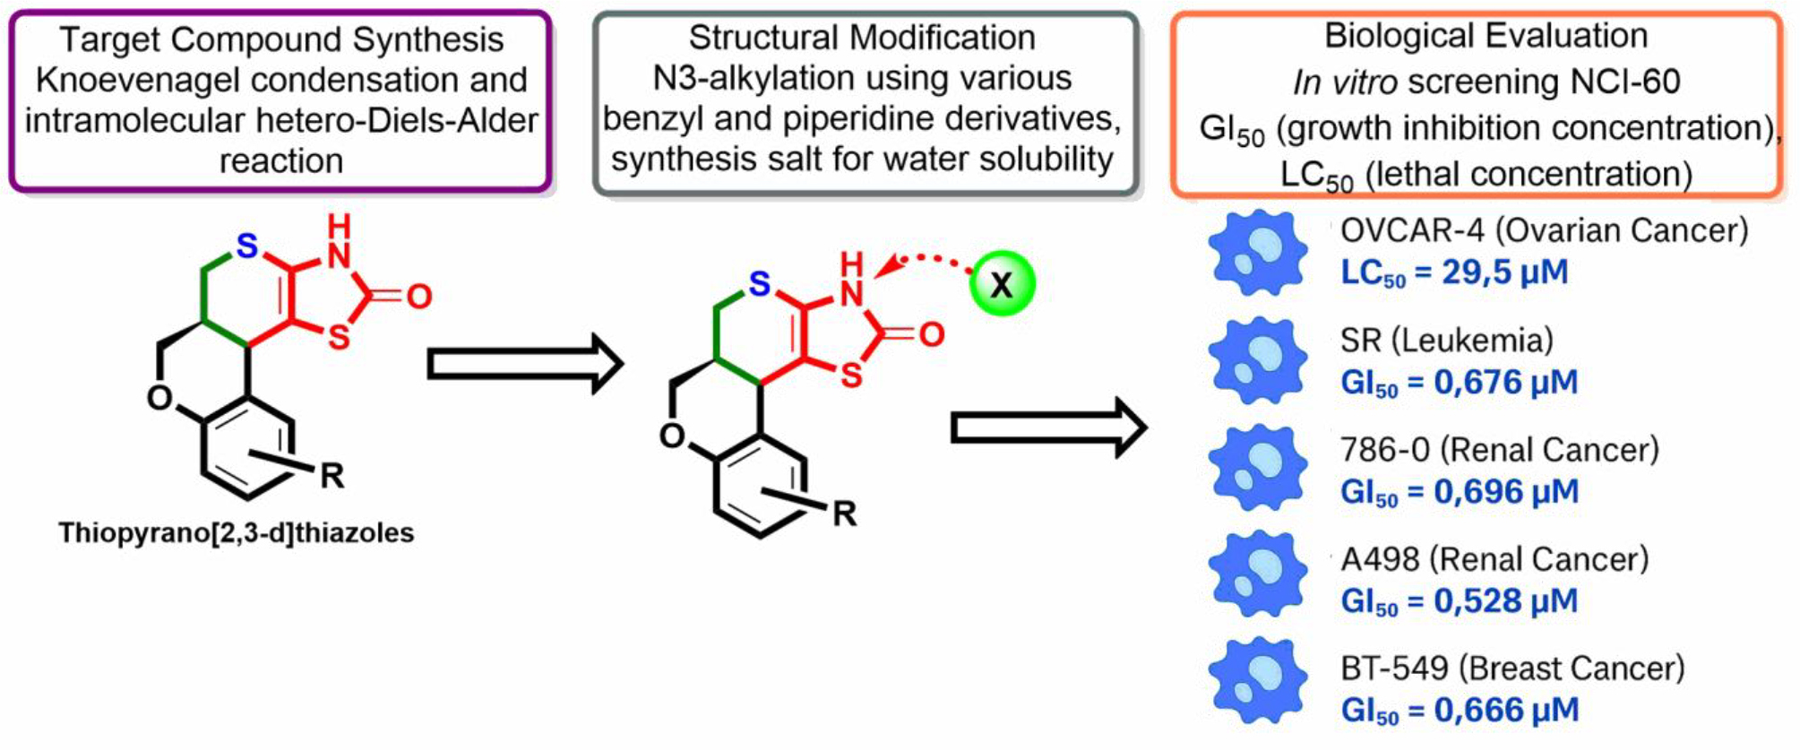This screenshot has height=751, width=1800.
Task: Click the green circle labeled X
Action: tap(1003, 284)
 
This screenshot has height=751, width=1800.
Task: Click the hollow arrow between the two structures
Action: tap(523, 364)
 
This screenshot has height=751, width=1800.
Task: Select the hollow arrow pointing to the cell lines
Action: tap(1047, 427)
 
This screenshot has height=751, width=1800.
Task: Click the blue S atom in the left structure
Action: tap(247, 246)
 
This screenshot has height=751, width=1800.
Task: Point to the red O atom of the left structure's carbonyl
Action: tap(418, 297)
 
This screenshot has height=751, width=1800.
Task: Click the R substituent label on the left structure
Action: tap(332, 475)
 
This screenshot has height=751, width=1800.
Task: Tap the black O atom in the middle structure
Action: tap(672, 436)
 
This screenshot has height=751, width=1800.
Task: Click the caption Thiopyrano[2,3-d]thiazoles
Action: tap(237, 533)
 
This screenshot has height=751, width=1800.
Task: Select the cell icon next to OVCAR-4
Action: tap(1258, 252)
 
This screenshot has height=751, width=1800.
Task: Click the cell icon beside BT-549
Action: tap(1258, 681)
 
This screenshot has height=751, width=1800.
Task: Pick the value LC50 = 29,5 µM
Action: tap(1454, 272)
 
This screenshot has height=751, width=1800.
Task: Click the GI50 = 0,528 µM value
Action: tap(1459, 601)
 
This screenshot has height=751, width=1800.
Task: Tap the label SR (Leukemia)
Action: tap(1446, 341)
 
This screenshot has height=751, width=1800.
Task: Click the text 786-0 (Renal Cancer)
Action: tap(1499, 450)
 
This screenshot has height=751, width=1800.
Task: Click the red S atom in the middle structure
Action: tap(850, 375)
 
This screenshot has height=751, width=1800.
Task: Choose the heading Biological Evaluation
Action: tap(1486, 36)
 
